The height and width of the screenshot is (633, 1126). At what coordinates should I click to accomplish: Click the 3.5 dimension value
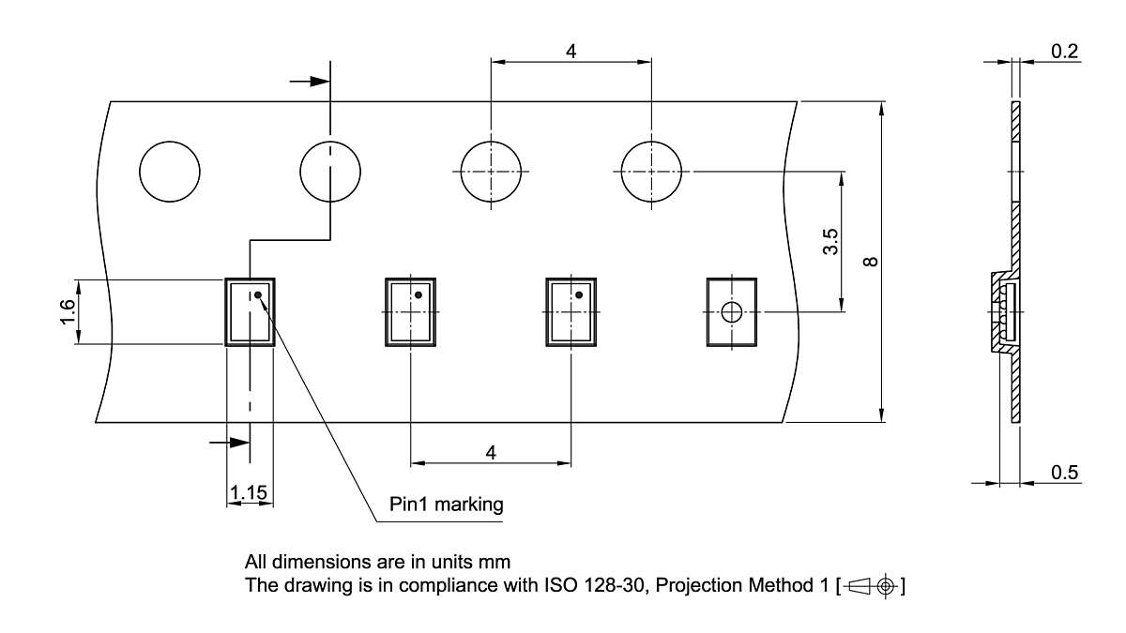pyautogui.click(x=830, y=242)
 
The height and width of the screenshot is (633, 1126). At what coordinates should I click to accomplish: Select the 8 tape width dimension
pyautogui.click(x=872, y=261)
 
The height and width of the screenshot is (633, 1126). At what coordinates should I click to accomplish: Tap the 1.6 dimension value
pyautogui.click(x=67, y=312)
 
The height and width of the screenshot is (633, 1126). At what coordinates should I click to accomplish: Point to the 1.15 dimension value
pyautogui.click(x=250, y=491)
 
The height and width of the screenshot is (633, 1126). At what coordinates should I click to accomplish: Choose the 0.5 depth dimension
pyautogui.click(x=1064, y=472)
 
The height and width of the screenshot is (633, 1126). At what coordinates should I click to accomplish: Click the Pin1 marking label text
pyautogui.click(x=447, y=505)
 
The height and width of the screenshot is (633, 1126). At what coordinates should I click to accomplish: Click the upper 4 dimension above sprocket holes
pyautogui.click(x=571, y=51)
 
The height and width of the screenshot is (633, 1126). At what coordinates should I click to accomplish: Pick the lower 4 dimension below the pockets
pyautogui.click(x=491, y=452)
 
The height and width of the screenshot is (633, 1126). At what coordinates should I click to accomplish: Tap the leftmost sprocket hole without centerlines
pyautogui.click(x=170, y=172)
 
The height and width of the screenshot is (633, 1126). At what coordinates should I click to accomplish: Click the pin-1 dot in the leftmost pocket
pyautogui.click(x=258, y=294)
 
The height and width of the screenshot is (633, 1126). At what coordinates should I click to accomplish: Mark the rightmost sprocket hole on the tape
pyautogui.click(x=651, y=172)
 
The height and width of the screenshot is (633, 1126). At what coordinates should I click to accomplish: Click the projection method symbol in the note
pyautogui.click(x=874, y=587)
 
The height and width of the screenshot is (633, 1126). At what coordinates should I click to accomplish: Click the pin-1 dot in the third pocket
pyautogui.click(x=579, y=294)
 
